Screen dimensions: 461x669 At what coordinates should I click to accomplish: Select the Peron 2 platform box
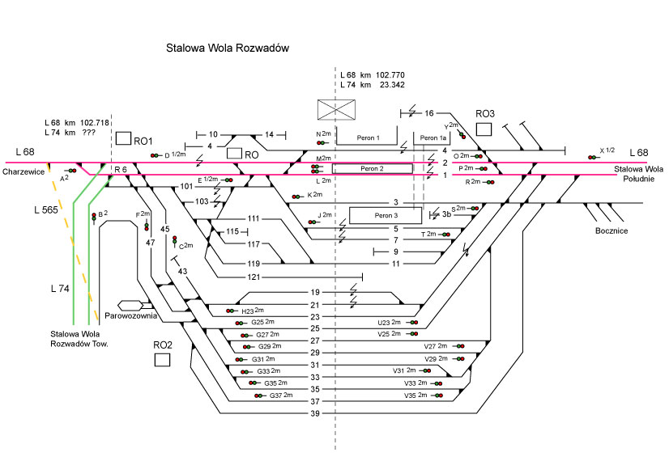click(x=372, y=168)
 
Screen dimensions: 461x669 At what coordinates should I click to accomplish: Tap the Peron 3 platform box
click(x=386, y=215)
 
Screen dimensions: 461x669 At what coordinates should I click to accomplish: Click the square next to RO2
click(x=162, y=359)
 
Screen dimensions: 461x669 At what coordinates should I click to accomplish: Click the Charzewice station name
click(x=23, y=171)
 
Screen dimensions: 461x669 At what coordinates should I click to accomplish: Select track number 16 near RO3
click(x=429, y=113)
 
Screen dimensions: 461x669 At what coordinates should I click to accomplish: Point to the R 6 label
click(x=121, y=168)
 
